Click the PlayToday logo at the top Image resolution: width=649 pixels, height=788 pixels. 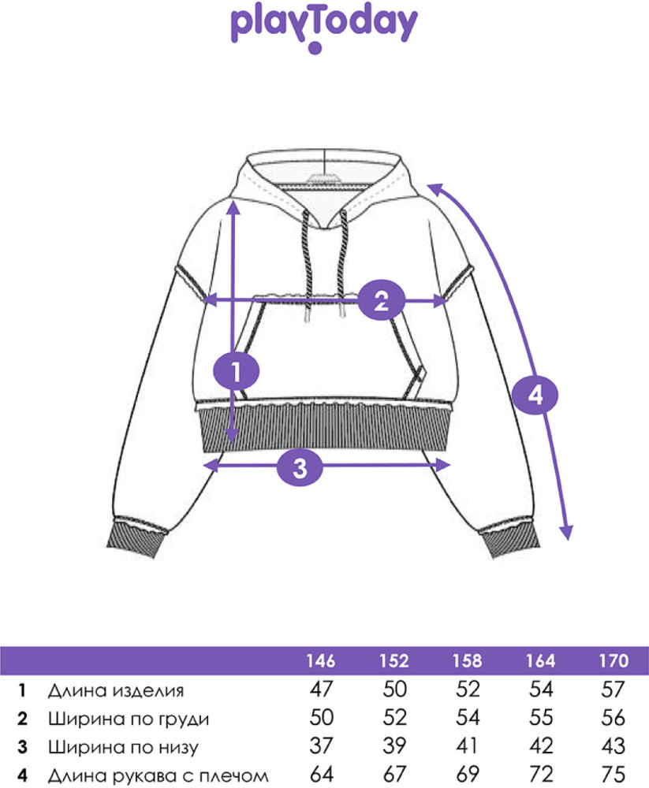pyautogui.click(x=324, y=28)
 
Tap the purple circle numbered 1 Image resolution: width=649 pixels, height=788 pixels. pyautogui.click(x=236, y=373)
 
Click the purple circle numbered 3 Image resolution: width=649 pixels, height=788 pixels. pyautogui.click(x=300, y=466)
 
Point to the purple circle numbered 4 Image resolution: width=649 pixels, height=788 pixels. pyautogui.click(x=535, y=395)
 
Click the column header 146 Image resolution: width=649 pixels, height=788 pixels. pyautogui.click(x=321, y=661)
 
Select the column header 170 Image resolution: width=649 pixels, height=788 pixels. pyautogui.click(x=614, y=661)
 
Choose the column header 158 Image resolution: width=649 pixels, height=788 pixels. pyautogui.click(x=468, y=661)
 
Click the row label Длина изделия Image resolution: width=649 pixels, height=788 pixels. pyautogui.click(x=116, y=691)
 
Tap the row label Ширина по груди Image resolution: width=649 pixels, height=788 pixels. pyautogui.click(x=129, y=719)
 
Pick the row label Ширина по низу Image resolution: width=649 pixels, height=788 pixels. pyautogui.click(x=123, y=747)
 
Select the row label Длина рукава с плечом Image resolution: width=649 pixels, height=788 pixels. pyautogui.click(x=158, y=775)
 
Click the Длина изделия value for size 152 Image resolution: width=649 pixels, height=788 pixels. pyautogui.click(x=394, y=689)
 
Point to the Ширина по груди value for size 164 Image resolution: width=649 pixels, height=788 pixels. pyautogui.click(x=541, y=718)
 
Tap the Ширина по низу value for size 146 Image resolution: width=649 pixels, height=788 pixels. pyautogui.click(x=321, y=745)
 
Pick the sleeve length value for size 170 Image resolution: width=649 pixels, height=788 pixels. pyautogui.click(x=614, y=775)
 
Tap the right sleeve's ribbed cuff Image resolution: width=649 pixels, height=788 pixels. pyautogui.click(x=509, y=541)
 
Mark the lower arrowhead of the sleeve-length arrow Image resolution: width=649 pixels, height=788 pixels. pyautogui.click(x=567, y=533)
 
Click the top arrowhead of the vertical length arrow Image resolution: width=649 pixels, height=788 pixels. pyautogui.click(x=233, y=206)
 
